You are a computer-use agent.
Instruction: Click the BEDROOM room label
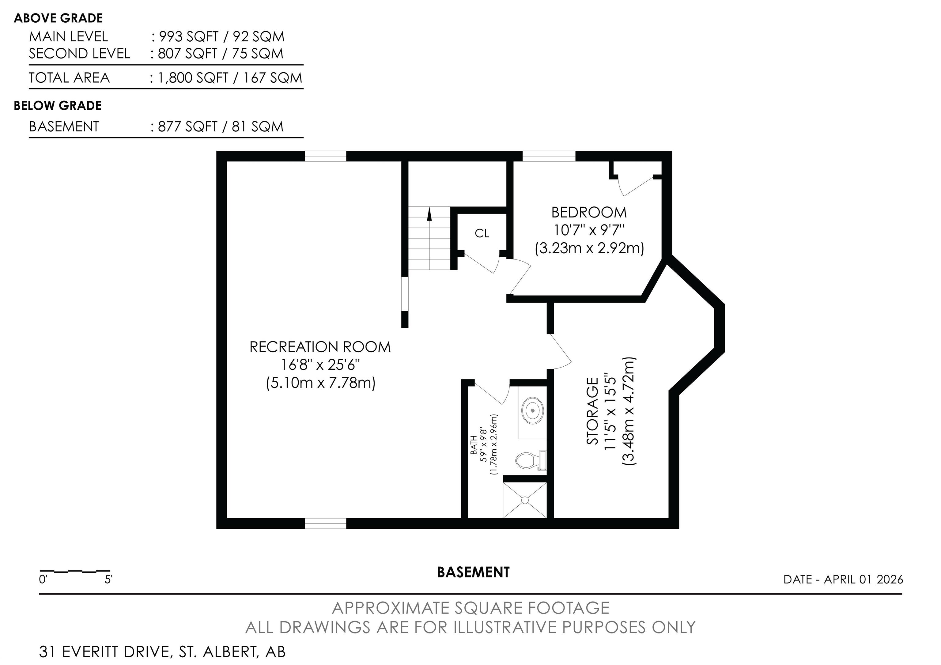coord(589,212)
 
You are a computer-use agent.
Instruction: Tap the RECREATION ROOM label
coord(320,347)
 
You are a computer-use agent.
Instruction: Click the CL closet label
coord(482,233)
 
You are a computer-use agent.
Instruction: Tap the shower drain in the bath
coord(525,500)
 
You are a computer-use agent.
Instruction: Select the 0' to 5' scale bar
coord(75,571)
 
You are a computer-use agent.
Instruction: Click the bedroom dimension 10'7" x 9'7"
coord(589,230)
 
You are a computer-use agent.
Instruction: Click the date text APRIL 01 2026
coord(864,579)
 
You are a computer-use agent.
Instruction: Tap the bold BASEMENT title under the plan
coord(473,572)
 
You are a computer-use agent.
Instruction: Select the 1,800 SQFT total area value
coord(193,78)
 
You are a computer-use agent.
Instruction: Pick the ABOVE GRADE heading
coord(58,18)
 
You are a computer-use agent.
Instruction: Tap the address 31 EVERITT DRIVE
coord(104,652)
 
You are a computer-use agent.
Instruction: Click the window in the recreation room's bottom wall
coord(325,523)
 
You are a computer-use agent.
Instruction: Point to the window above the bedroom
coord(549,156)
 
